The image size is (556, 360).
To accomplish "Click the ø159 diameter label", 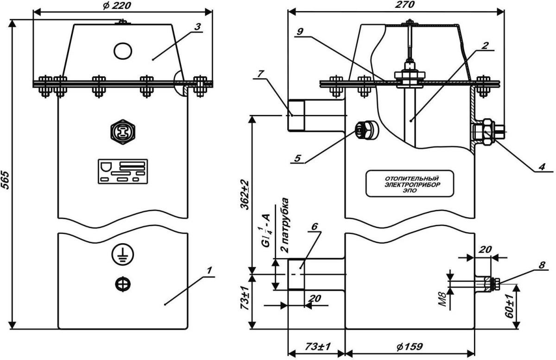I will (409, 347).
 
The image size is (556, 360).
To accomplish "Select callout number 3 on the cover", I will (197, 26).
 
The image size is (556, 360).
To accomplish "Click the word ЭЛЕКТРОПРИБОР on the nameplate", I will (408, 184).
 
